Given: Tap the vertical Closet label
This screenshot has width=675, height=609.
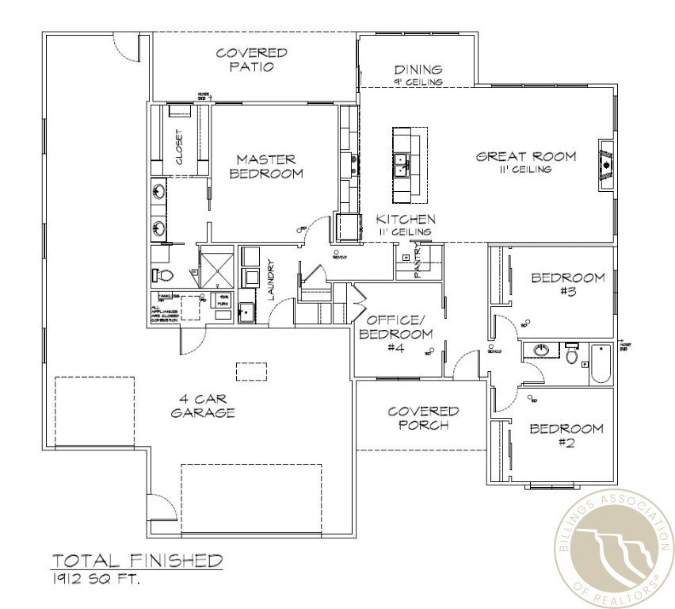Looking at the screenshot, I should pyautogui.click(x=179, y=147).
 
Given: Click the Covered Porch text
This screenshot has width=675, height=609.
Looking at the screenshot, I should pyautogui.click(x=422, y=417).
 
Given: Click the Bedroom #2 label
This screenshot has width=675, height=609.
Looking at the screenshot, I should pyautogui.click(x=566, y=435).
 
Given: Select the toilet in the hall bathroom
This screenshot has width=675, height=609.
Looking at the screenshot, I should pyautogui.click(x=570, y=353).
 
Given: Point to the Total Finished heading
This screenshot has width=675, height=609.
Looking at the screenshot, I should pyautogui.click(x=137, y=561).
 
